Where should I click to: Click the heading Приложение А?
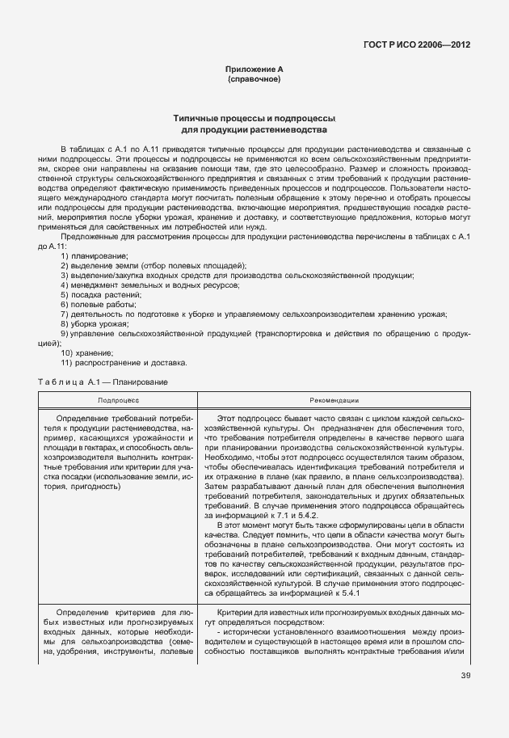tap(254, 71)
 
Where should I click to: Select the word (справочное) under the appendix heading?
tap(254, 81)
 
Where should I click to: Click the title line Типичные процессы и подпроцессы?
tap(254, 119)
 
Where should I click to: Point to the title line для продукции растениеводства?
tap(254, 129)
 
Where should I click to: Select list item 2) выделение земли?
tap(154, 266)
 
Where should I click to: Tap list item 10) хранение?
tap(86, 352)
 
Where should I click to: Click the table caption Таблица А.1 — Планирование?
tap(103, 381)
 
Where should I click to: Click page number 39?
tap(465, 676)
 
